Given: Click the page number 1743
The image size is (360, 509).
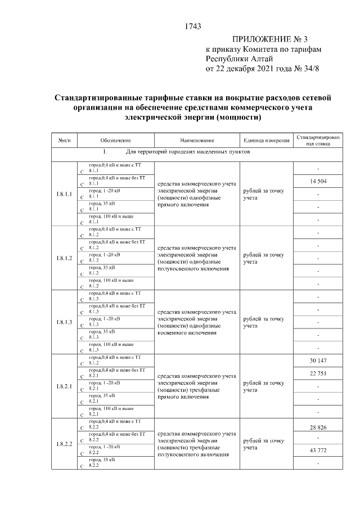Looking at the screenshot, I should [193, 26].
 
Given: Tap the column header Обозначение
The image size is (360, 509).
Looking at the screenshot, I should [116, 140].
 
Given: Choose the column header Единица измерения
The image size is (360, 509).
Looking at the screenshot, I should [266, 140].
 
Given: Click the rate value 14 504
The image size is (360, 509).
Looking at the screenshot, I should [318, 181].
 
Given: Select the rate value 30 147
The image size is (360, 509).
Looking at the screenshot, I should [318, 361].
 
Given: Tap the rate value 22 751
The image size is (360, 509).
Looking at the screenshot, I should [318, 373].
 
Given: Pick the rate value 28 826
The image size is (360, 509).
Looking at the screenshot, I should [318, 427].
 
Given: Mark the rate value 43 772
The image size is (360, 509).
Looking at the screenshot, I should [318, 451].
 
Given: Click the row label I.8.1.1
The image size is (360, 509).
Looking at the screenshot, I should [65, 194].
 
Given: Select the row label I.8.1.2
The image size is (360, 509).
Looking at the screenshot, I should [65, 258].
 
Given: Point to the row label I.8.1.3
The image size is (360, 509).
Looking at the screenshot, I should [65, 322].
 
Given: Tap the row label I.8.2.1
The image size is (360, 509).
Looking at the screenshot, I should [65, 386].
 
